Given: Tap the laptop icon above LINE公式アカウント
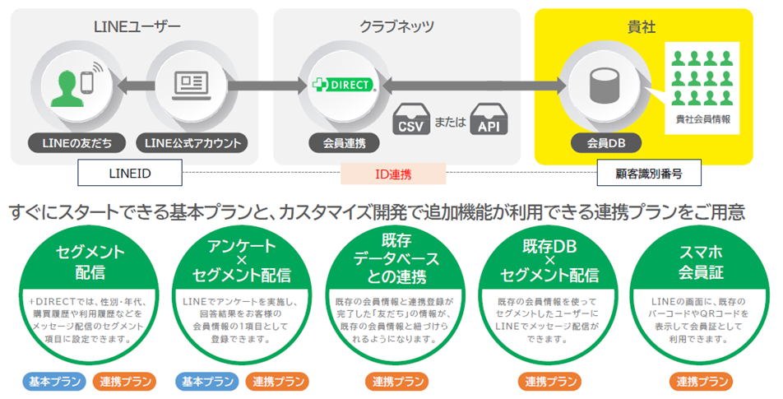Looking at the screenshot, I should coord(192,84).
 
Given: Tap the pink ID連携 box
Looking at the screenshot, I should coord(392,174).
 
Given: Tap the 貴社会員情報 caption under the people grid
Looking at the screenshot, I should coord(702,119).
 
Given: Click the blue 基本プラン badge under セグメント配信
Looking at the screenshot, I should coord(53,382).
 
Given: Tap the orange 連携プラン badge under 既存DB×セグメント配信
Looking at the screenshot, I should coord(546,382).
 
